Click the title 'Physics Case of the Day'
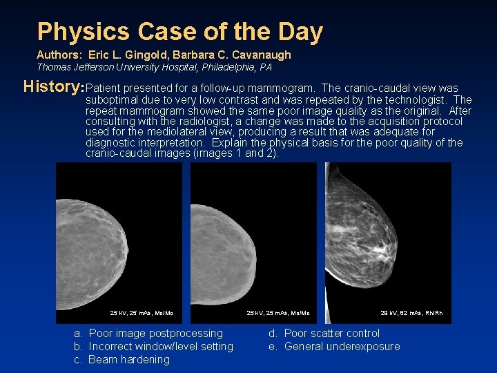pos(179,32)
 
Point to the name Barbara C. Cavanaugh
pos(233,55)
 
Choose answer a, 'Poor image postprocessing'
pos(156,334)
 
